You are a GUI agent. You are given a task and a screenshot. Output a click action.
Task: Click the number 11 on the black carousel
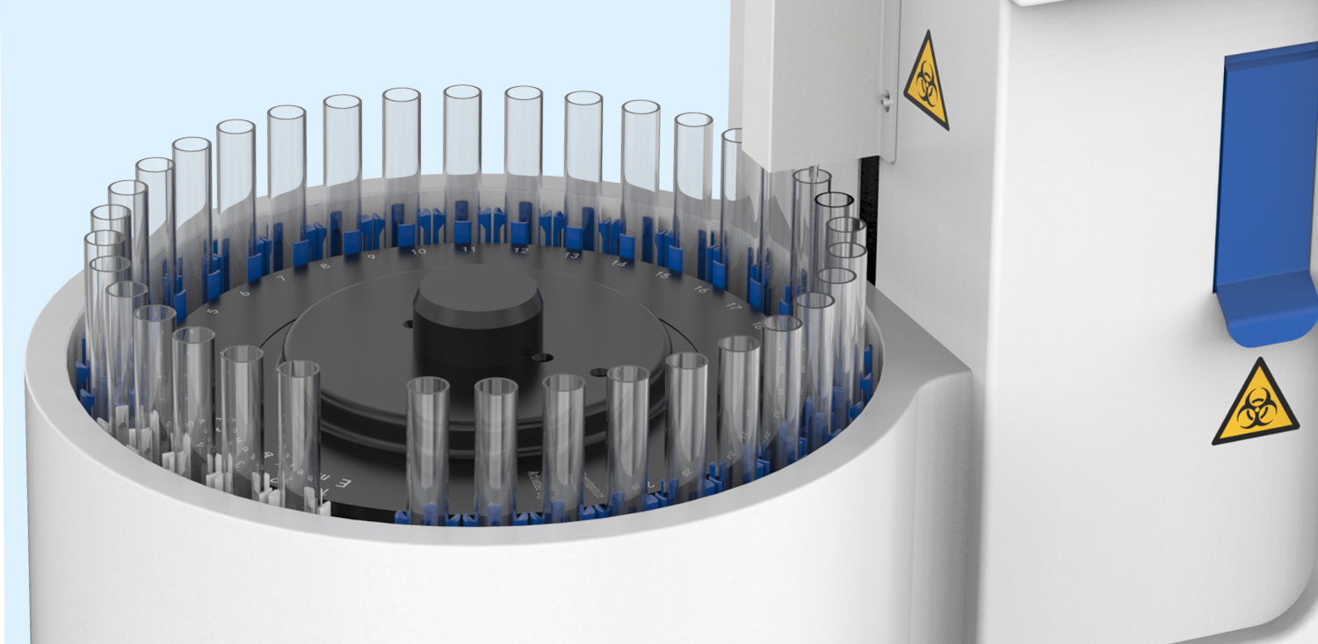[x=469, y=250]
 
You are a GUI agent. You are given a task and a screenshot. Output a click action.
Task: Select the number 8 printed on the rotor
[x=324, y=265]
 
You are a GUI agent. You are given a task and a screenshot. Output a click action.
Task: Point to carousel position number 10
[x=418, y=252]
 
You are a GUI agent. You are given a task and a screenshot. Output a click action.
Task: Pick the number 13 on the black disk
[x=573, y=256]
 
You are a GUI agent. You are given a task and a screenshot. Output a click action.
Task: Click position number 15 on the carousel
[x=663, y=276]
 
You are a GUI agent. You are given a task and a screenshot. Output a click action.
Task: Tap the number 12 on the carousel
[x=521, y=251]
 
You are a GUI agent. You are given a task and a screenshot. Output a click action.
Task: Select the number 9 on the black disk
[x=371, y=257]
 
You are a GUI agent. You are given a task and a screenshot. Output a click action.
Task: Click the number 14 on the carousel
[x=619, y=264]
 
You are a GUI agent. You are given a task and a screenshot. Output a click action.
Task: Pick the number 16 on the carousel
[x=701, y=290]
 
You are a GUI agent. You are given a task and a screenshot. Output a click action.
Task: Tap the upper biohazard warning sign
[x=928, y=79]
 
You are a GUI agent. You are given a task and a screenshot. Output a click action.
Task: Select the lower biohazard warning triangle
[x=1255, y=405]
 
